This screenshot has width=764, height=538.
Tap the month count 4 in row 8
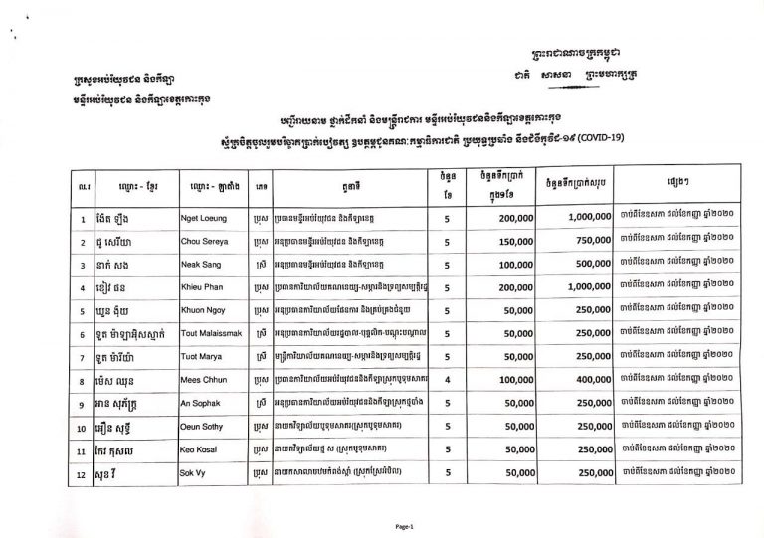449,381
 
